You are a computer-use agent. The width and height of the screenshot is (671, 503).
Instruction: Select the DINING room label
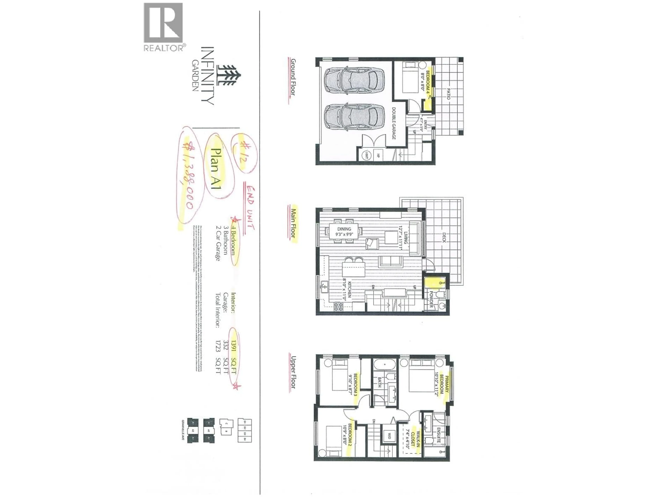pyautogui.click(x=344, y=229)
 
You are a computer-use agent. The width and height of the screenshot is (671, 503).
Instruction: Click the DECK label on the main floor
pyautogui.click(x=444, y=237)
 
